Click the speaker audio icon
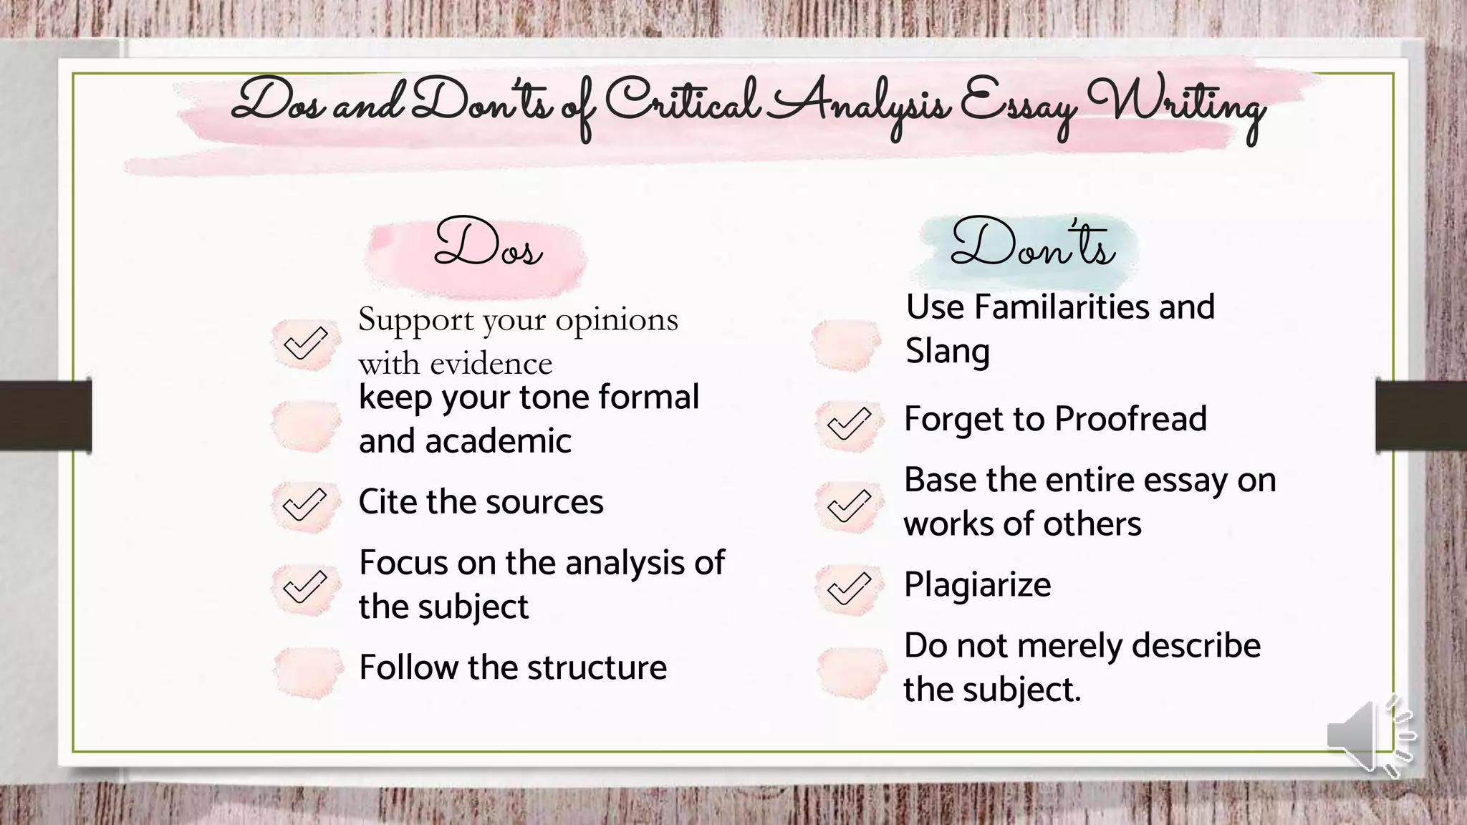[1368, 735]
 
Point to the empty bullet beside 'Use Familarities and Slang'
[846, 344]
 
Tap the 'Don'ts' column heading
[1032, 244]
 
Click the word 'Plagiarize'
[978, 584]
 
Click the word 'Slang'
[948, 351]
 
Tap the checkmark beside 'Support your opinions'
[305, 343]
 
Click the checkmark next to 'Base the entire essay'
[849, 506]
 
